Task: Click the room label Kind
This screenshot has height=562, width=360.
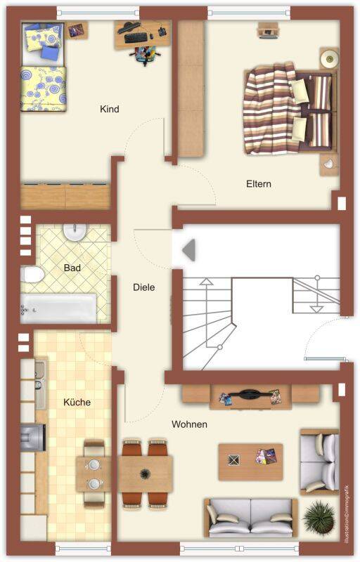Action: click(110, 109)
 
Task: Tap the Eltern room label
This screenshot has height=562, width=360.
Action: click(259, 184)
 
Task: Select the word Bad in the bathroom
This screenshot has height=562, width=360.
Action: click(72, 268)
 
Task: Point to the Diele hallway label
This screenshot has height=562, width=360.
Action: click(143, 287)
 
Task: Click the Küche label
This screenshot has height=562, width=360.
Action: click(77, 402)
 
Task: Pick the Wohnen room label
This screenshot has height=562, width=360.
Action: click(189, 424)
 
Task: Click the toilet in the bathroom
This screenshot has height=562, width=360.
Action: click(32, 275)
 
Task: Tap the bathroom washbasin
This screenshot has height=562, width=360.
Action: click(75, 232)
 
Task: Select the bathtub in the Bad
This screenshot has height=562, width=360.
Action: click(58, 308)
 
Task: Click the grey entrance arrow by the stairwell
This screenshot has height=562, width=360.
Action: click(189, 250)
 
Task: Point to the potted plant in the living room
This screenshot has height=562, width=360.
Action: click(319, 516)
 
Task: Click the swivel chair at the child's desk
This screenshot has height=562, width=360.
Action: click(145, 54)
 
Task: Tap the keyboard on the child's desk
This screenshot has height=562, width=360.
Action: click(136, 37)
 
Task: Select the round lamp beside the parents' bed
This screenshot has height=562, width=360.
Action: click(329, 58)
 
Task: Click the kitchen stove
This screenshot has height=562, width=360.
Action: click(33, 438)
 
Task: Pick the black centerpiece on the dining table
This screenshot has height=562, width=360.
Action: click(145, 473)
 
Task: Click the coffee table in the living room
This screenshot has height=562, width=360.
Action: click(250, 462)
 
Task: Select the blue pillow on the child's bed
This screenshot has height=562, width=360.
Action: click(51, 51)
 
